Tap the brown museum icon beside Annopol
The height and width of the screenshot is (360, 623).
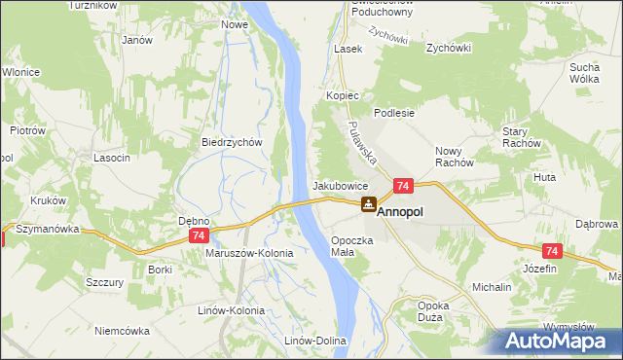pyautogui.click(x=368, y=204)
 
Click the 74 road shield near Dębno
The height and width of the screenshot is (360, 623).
pyautogui.click(x=200, y=236)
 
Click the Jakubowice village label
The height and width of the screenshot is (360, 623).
pyautogui.click(x=340, y=185)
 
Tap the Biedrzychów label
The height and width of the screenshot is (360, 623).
pyautogui.click(x=233, y=141)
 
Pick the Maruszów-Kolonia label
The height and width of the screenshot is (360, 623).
pyautogui.click(x=249, y=252)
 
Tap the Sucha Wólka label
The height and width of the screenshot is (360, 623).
pyautogui.click(x=589, y=73)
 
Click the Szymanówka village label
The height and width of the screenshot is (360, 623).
pyautogui.click(x=46, y=227)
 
